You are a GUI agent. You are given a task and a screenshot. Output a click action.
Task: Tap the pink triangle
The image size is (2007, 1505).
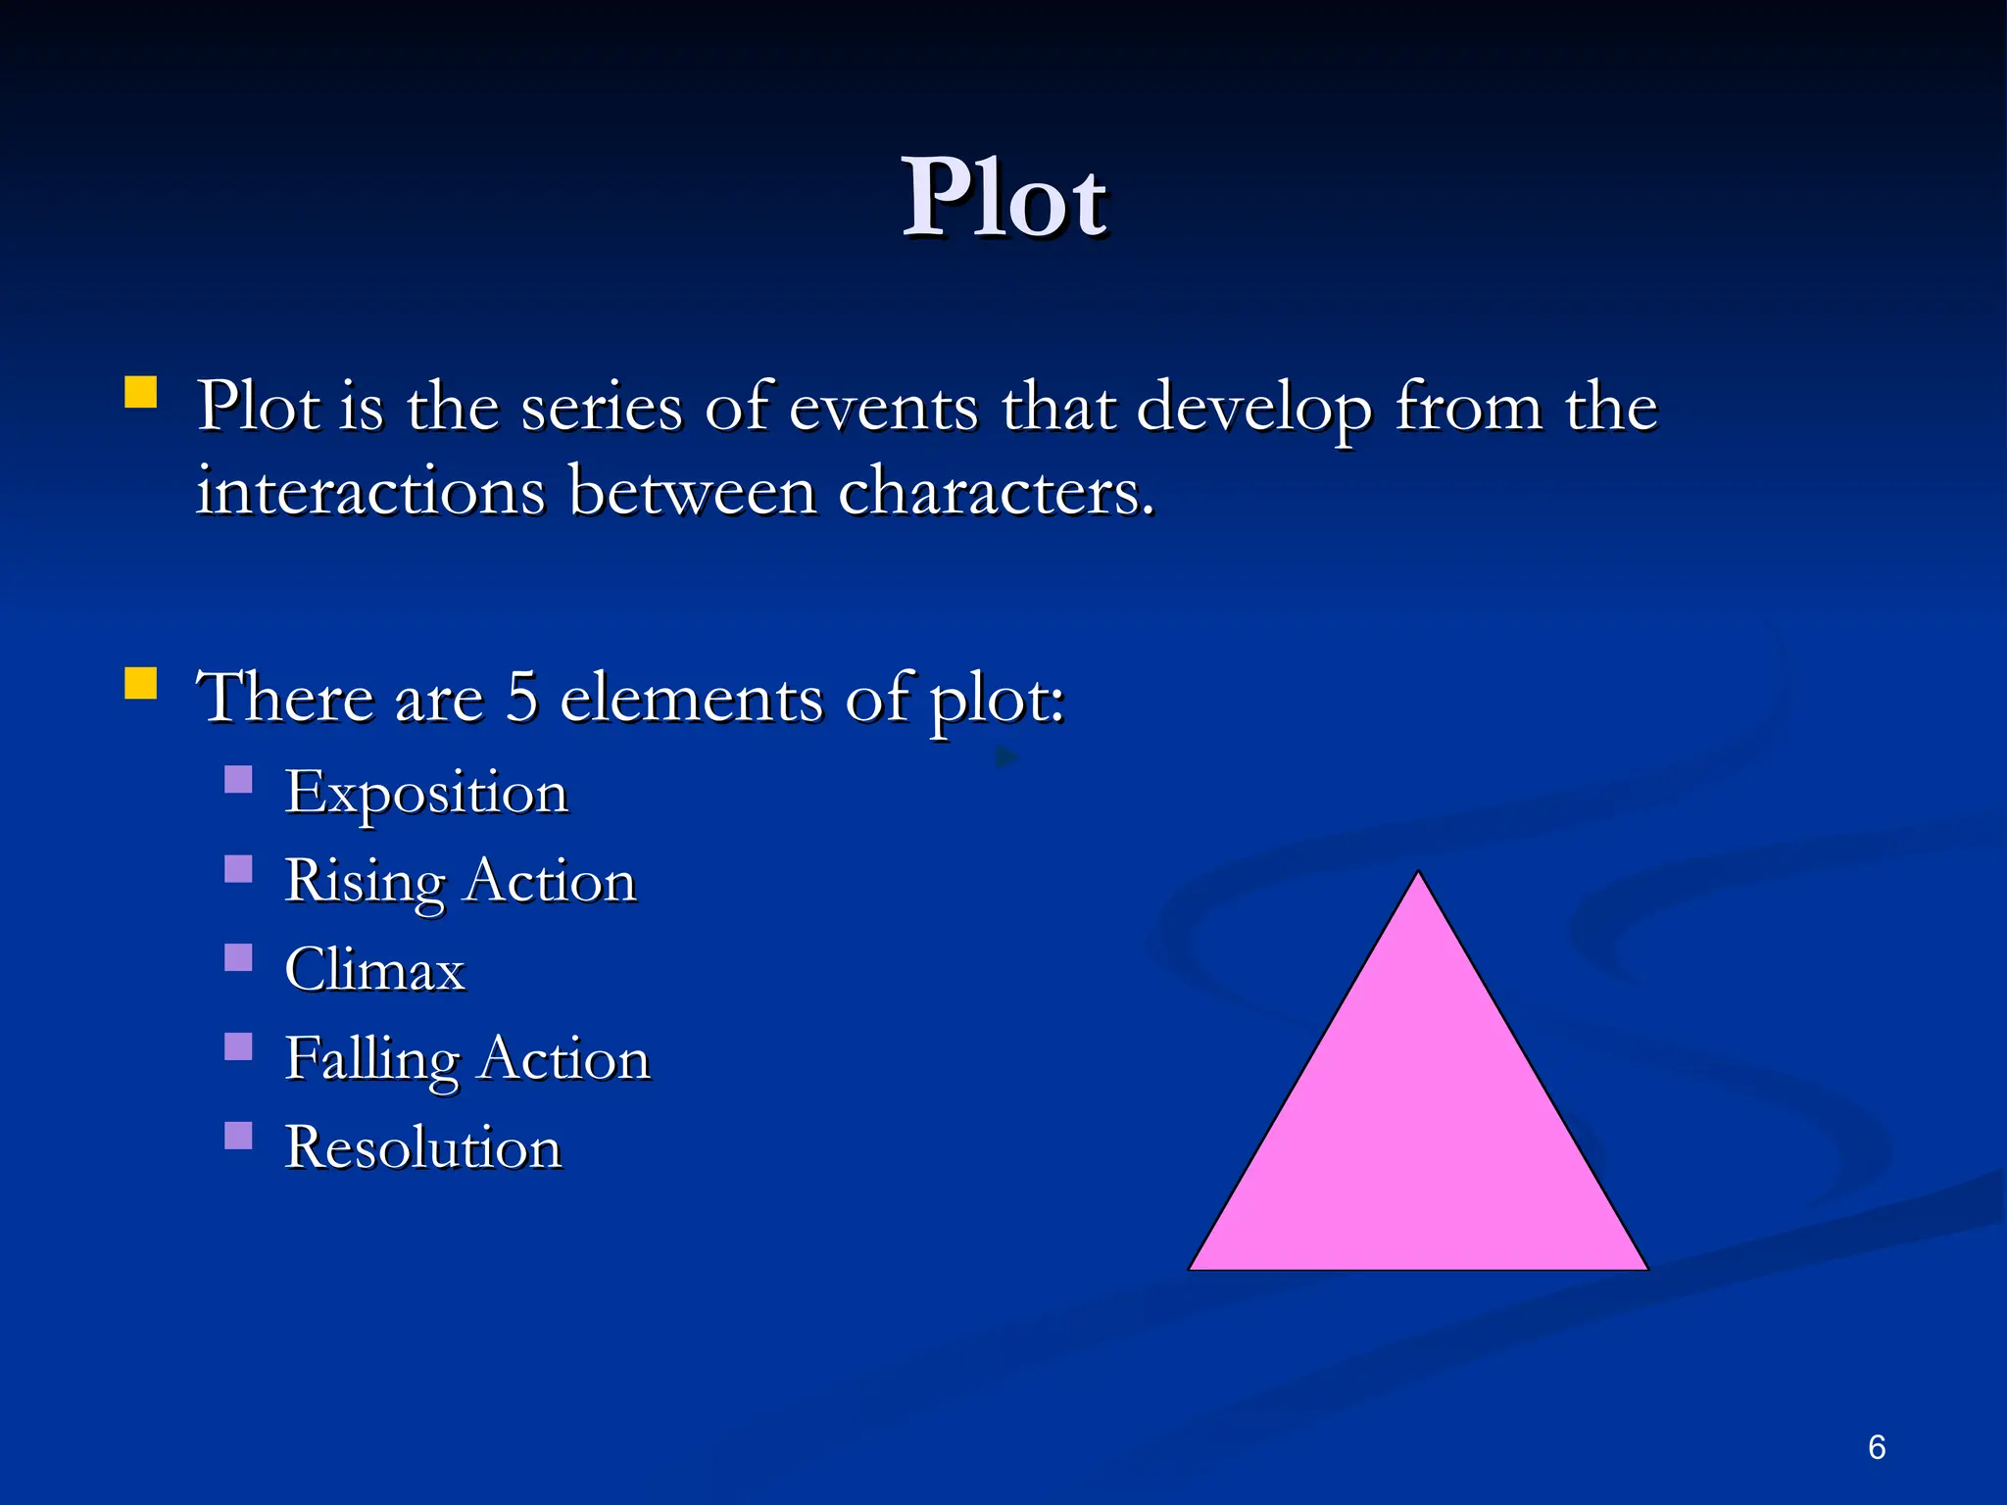point(1418,1127)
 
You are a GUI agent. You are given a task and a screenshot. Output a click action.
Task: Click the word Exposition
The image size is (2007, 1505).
point(426,793)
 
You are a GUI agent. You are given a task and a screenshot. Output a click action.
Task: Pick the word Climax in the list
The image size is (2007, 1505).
point(374,970)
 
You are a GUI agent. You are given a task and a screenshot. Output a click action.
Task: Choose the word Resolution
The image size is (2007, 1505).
point(423,1147)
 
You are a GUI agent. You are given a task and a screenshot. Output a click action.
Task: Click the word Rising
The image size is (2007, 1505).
point(365,882)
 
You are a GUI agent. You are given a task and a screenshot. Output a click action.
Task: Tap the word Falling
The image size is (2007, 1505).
point(371,1060)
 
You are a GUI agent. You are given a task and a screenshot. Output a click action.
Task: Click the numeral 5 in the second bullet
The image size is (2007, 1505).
point(522,698)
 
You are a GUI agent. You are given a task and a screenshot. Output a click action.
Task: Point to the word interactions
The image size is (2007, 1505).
point(370,491)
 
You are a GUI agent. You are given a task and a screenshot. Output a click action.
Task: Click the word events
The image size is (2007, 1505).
point(883,407)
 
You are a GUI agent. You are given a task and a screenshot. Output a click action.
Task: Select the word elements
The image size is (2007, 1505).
point(691,698)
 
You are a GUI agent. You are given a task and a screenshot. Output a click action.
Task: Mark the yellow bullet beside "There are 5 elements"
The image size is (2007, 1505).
point(141,683)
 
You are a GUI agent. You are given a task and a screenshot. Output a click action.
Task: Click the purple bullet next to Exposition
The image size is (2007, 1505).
point(238,780)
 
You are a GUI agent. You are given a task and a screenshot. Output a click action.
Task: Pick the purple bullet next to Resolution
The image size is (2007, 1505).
point(238,1135)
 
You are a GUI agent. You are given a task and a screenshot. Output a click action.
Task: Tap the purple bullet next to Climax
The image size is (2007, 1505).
point(238,957)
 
